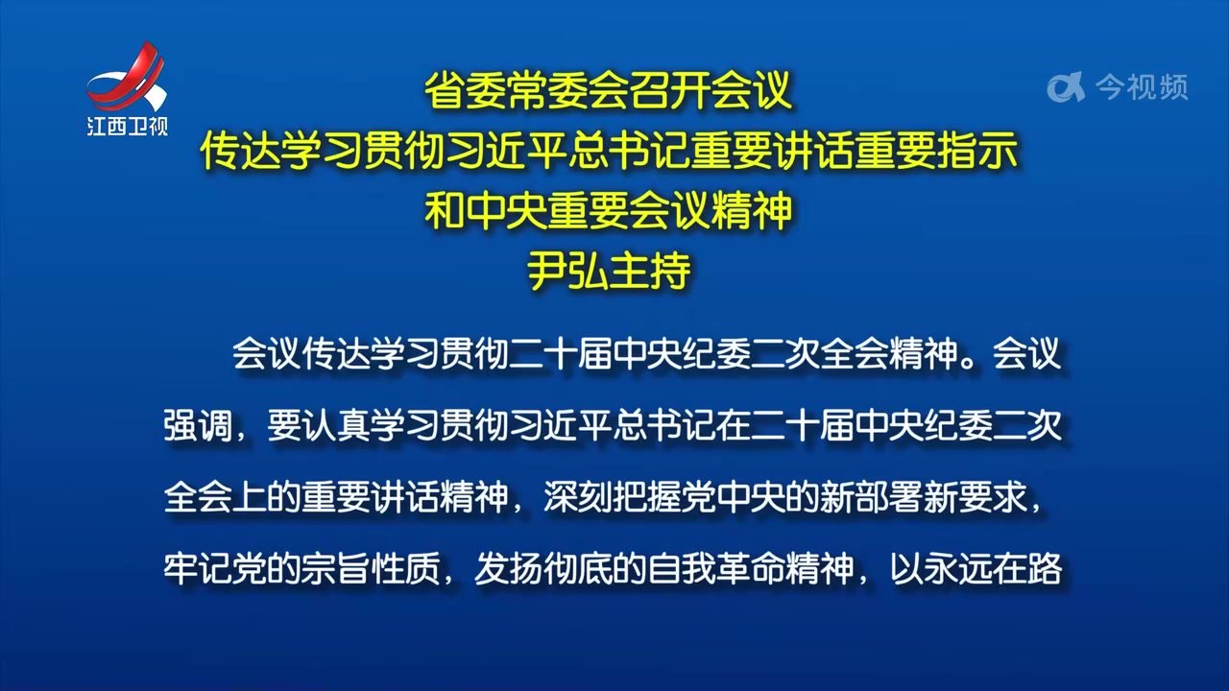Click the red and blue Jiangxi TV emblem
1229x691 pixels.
pyautogui.click(x=127, y=79)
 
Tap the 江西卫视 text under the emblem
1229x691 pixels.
pyautogui.click(x=128, y=127)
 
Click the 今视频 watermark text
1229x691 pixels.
pyautogui.click(x=1143, y=87)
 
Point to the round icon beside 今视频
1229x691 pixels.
pyautogui.click(x=1066, y=87)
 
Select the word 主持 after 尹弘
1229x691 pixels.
pyautogui.click(x=650, y=271)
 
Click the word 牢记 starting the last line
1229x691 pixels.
pyautogui.click(x=198, y=569)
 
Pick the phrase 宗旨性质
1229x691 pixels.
pyautogui.click(x=371, y=569)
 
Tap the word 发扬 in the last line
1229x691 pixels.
pyautogui.click(x=509, y=569)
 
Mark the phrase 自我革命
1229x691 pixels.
pyautogui.click(x=716, y=569)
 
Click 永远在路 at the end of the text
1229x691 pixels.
pyautogui.click(x=993, y=569)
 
